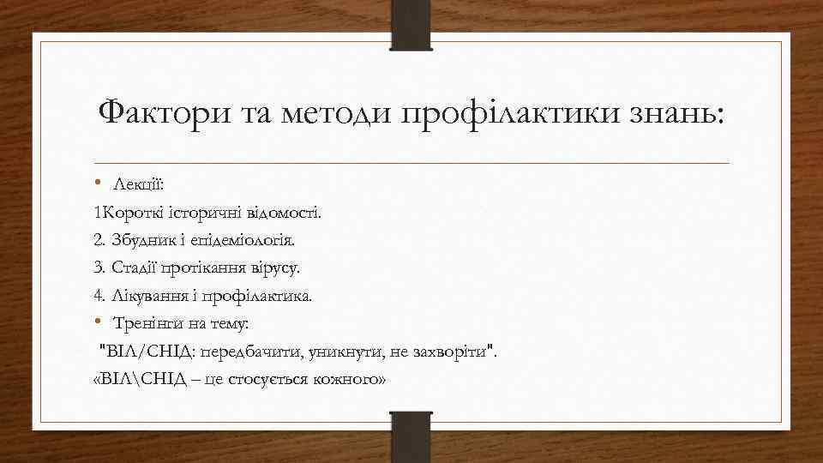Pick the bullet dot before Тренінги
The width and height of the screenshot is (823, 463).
coord(99,322)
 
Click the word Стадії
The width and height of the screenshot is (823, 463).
coord(135,268)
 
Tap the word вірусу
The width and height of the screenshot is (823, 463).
coord(273,268)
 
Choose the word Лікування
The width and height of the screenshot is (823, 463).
coord(145,296)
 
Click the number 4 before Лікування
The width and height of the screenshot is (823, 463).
coord(98,296)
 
